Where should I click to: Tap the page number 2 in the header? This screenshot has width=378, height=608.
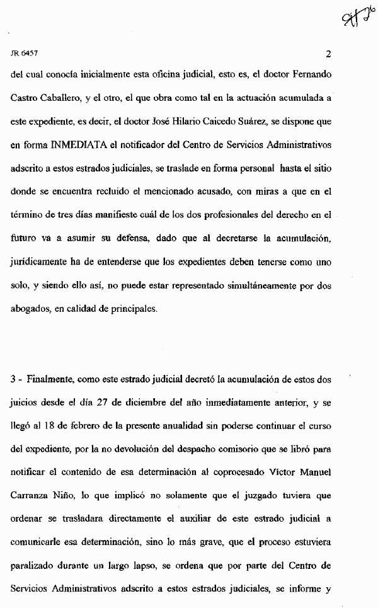point(328,54)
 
